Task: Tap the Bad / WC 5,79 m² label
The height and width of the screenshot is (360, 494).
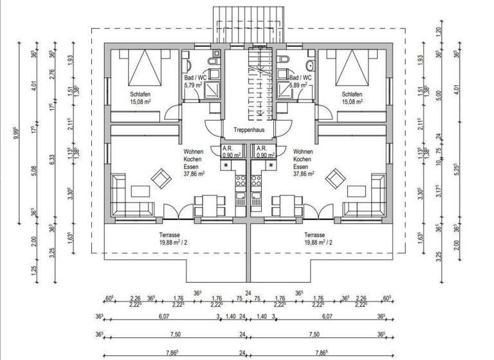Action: pyautogui.click(x=195, y=80)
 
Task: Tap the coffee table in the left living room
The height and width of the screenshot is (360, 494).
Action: pyautogui.click(x=140, y=191)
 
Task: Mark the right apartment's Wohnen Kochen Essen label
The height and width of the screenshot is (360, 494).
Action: pyautogui.click(x=303, y=163)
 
